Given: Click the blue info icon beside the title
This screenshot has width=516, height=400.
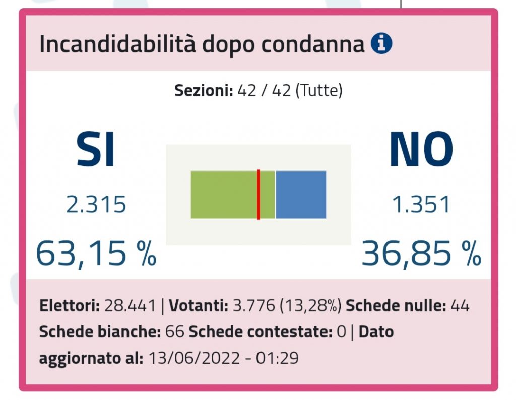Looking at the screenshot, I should point(381,44).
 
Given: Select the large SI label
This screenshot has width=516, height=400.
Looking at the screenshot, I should point(96,150).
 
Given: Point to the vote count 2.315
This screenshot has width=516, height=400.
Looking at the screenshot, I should point(96,205).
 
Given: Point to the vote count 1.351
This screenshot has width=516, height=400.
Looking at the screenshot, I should point(421,205).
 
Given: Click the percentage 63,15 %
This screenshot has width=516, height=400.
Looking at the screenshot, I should point(96,254).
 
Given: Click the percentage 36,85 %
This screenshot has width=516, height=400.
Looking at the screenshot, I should point(421,254).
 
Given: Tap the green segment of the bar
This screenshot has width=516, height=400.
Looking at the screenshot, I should point(224,195).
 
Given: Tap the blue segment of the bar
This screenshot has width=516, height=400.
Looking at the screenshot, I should point(301,195).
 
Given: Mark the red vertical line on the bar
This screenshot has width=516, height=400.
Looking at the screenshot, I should point(259,195).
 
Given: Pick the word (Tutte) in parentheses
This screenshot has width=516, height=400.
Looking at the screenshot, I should point(319,91).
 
